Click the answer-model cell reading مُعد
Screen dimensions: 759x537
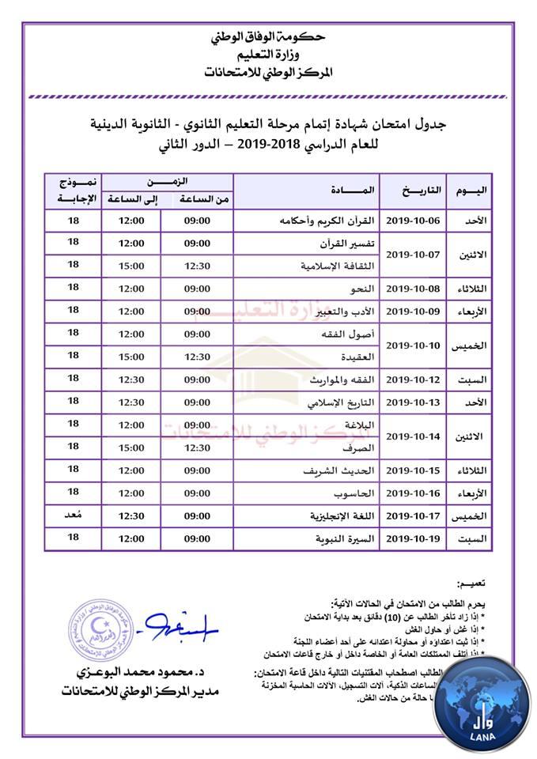click(74, 515)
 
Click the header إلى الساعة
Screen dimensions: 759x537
click(131, 199)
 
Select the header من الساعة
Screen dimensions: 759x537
click(197, 199)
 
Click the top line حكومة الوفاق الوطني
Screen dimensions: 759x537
click(269, 37)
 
